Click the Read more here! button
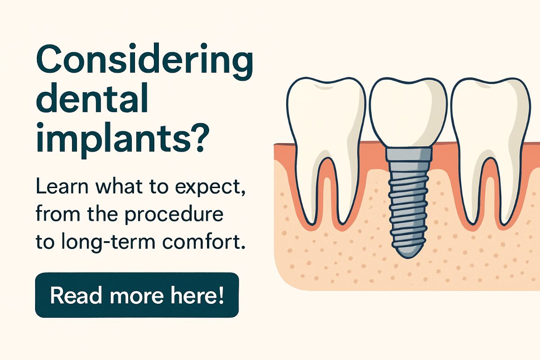click(137, 295)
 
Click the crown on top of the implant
click(408, 112)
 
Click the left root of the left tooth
click(307, 189)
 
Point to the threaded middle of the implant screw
click(408, 202)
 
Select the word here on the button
click(195, 295)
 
